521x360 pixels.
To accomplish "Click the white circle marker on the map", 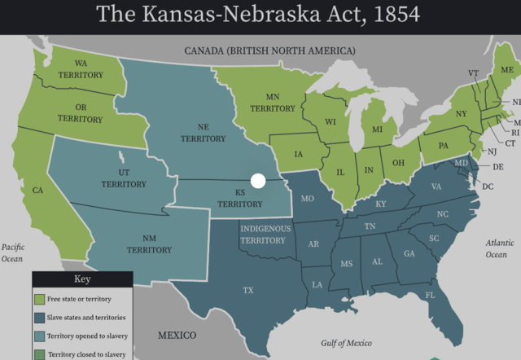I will (258, 181).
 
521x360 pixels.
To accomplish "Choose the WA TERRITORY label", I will (81, 69).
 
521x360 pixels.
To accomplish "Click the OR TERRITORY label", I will (81, 113).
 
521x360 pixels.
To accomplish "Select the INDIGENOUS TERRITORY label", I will (263, 234).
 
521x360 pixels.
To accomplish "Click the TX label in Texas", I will (248, 290).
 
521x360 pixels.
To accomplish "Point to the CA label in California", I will (37, 191).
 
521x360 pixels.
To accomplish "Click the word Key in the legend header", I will (82, 278).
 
